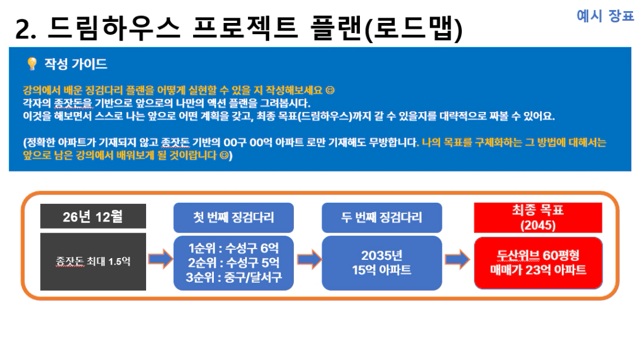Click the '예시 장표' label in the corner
[605, 16]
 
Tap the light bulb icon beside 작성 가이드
[32, 64]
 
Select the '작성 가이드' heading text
[76, 64]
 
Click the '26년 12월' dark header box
[93, 216]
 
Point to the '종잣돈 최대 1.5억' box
[93, 262]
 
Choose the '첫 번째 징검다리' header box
[233, 217]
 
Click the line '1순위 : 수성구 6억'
[233, 248]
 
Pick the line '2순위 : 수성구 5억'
[233, 263]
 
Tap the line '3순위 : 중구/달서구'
[233, 278]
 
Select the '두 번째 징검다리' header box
[382, 217]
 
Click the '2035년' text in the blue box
[382, 256]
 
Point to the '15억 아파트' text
[382, 270]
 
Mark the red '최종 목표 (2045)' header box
[538, 217]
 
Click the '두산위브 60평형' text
[538, 256]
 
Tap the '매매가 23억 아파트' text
[538, 270]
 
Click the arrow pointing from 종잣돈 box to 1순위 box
[160, 259]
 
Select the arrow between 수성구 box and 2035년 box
[309, 259]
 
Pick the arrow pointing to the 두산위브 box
[457, 259]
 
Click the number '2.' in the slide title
[25, 29]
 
